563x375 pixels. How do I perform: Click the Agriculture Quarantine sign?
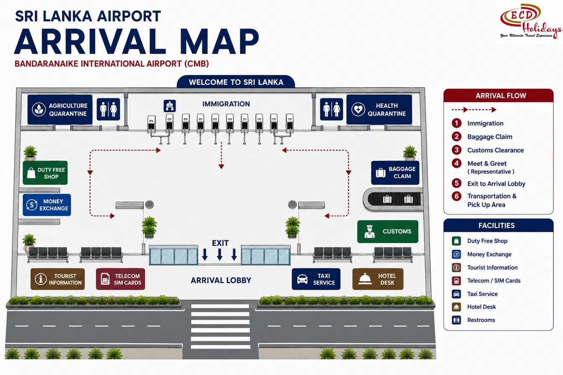click(60, 110)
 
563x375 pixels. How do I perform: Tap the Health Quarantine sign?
click(379, 110)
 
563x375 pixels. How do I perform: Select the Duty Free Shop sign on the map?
click(45, 173)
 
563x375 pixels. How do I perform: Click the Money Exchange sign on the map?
click(47, 205)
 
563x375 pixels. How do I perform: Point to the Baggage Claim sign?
click(395, 173)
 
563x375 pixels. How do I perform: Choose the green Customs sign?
click(388, 231)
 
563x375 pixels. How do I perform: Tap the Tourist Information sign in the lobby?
click(57, 279)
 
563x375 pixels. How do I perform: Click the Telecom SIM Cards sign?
click(120, 279)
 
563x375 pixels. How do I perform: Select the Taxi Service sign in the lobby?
click(316, 279)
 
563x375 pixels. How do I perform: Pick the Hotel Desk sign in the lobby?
click(378, 279)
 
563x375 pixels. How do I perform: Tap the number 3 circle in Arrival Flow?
click(457, 150)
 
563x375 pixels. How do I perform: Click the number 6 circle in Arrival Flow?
click(457, 196)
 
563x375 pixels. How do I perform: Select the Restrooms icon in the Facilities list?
click(456, 320)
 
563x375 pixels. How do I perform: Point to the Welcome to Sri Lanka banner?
click(236, 82)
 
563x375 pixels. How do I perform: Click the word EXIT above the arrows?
click(220, 243)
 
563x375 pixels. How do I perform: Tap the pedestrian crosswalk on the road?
click(220, 326)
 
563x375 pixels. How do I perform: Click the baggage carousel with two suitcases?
click(393, 200)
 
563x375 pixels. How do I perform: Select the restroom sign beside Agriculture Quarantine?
click(108, 109)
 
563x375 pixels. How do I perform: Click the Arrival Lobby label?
click(221, 280)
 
